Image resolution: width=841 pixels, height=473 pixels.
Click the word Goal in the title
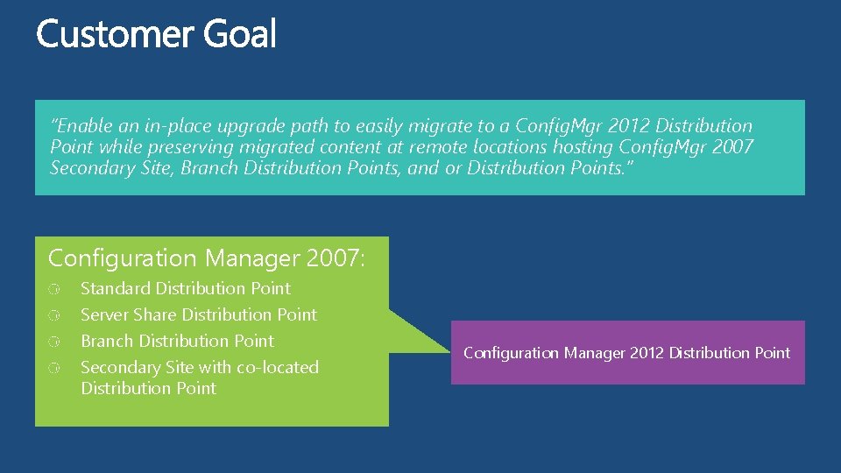pos(240,35)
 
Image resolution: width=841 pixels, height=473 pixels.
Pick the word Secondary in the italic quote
pos(91,167)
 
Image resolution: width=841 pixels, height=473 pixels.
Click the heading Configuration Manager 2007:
pos(207,258)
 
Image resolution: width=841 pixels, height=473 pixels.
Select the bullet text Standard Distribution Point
pos(186,288)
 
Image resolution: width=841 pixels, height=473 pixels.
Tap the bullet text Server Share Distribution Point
pos(199,314)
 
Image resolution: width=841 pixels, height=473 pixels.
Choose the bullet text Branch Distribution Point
pos(177,341)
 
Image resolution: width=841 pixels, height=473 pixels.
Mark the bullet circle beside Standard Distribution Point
pos(54,289)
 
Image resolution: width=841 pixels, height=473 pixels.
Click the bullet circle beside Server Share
pos(54,315)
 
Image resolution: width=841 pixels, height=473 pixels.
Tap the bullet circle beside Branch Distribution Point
pos(54,342)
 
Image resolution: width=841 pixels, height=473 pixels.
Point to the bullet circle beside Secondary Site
pos(54,368)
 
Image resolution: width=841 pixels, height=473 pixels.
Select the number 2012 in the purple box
pos(646,353)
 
